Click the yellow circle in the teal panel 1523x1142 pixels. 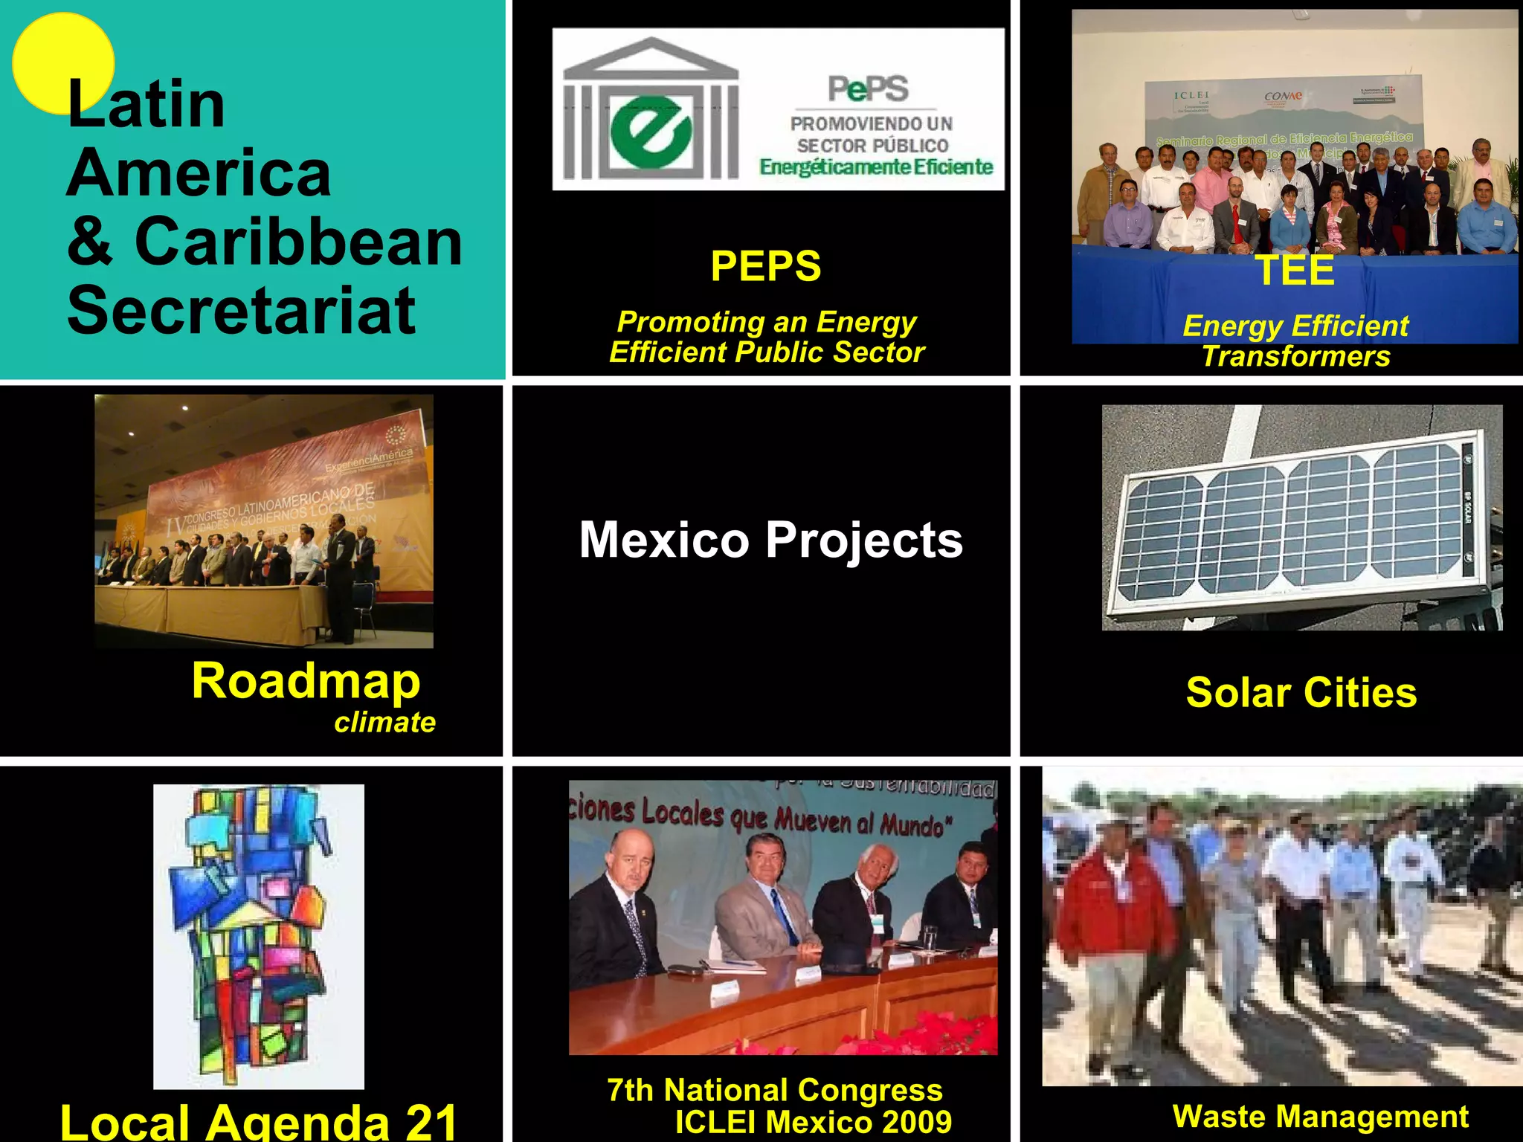coord(62,62)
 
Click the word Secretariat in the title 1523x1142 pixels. coord(241,311)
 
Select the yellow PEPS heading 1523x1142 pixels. coord(765,266)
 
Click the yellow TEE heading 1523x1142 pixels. coord(1295,270)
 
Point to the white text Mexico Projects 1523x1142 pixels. coord(770,540)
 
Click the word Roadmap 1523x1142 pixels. coord(306,681)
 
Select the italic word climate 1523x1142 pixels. coord(384,723)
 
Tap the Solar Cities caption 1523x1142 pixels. coord(1301,693)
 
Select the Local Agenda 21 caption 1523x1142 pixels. coord(258,1121)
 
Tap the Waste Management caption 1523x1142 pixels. coord(1320,1117)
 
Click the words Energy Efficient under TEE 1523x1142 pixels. coord(1295,326)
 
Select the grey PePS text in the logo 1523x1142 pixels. coord(868,89)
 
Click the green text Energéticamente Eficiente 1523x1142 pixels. coord(876,167)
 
